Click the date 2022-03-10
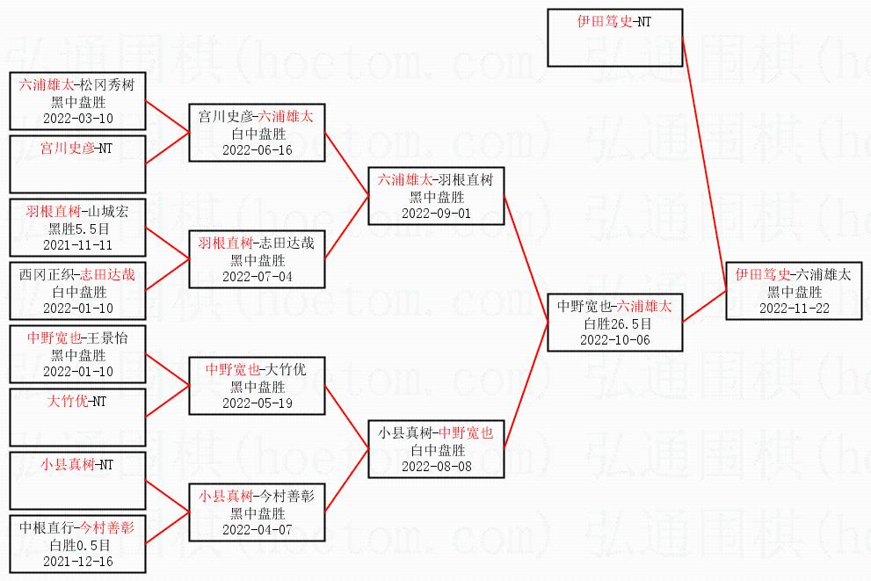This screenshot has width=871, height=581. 77,119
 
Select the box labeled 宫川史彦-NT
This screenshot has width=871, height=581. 77,163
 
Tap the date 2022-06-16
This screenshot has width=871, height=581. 258,150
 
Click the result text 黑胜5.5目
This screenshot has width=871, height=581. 78,229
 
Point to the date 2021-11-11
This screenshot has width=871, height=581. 77,245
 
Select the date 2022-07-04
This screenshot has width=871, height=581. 258,277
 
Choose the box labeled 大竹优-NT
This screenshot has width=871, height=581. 77,418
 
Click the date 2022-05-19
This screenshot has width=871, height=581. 258,403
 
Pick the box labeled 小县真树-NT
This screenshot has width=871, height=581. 77,481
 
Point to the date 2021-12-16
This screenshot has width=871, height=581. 77,562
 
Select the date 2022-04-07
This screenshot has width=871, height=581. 258,530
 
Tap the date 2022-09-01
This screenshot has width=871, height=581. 436,214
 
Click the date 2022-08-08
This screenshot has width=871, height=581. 436,467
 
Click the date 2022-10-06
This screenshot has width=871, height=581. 615,340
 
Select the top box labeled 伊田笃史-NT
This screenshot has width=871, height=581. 615,38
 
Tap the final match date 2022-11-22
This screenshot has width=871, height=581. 795,309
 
